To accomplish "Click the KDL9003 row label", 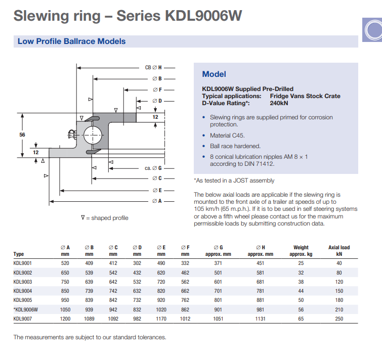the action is click(23, 282).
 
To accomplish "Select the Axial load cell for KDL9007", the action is click(339, 319).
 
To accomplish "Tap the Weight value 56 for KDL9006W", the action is click(301, 309).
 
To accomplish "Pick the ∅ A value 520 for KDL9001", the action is click(65, 263).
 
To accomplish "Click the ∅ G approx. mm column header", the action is click(218, 251).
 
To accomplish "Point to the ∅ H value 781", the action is click(260, 291).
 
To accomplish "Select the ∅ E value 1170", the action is click(161, 319).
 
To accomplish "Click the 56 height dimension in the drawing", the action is click(22, 134).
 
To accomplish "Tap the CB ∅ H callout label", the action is click(153, 67).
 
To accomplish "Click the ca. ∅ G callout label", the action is click(153, 168).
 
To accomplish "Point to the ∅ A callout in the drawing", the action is click(157, 201).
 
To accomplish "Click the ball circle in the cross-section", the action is click(93, 135).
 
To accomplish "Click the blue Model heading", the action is click(214, 74).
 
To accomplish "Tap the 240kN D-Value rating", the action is click(279, 103).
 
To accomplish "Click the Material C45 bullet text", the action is click(227, 136).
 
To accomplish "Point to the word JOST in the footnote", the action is click(241, 181).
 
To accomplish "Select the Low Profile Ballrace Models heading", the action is click(72, 41).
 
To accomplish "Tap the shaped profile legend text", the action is click(105, 218).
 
